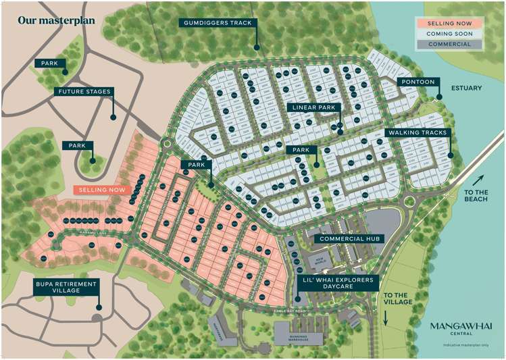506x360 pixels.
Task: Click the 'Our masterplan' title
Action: coord(57,19)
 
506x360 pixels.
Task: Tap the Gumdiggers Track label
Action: coord(217,23)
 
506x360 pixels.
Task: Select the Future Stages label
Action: coord(84,91)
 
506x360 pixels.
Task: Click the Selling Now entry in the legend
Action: coord(448,22)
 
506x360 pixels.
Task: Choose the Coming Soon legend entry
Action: coord(448,33)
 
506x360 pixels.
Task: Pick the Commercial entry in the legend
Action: coord(448,44)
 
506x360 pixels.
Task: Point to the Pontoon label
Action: coord(418,82)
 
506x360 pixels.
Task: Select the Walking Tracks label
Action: coord(417,132)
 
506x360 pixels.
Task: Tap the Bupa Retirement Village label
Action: coord(67,287)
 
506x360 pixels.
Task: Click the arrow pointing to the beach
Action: coord(478,180)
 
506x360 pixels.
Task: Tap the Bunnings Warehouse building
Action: coord(299,334)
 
